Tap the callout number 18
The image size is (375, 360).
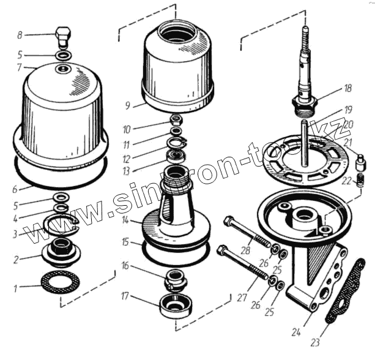pos(347,88)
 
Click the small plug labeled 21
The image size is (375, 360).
pos(361,162)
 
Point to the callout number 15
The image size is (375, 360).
pos(125,242)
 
